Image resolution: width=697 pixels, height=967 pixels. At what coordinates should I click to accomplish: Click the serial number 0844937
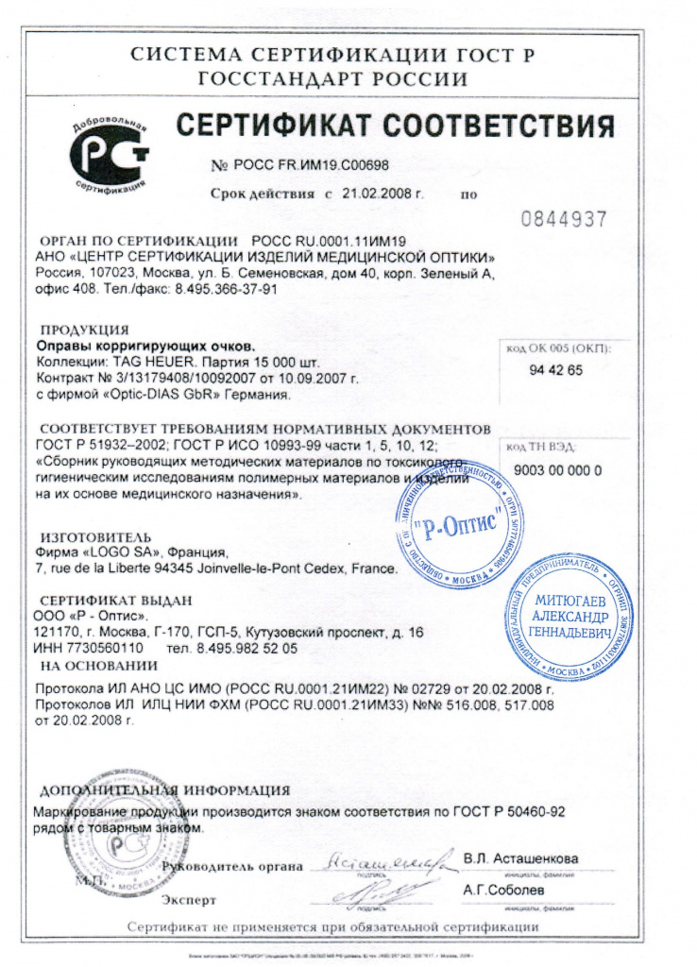[x=564, y=220]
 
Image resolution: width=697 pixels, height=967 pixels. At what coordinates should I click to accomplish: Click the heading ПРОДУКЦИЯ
[x=85, y=331]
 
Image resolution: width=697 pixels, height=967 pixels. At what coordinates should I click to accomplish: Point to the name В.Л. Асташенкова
[x=520, y=858]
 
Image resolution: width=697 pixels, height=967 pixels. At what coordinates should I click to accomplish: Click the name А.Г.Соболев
[x=504, y=890]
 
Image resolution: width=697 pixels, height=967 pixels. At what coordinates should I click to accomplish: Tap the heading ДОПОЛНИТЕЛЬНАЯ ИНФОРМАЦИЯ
[x=163, y=790]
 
